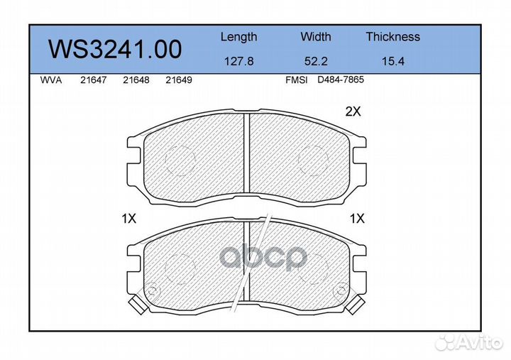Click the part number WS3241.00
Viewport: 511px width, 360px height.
(114, 49)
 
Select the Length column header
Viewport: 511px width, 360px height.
(238, 37)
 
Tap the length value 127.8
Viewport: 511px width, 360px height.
(238, 61)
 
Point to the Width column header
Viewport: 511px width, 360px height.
(315, 37)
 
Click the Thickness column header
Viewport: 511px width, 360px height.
(392, 37)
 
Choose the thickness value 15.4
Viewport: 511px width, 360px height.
(392, 61)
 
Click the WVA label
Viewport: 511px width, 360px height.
(51, 80)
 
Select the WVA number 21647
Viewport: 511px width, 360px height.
(93, 80)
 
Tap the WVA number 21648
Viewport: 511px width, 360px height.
(136, 80)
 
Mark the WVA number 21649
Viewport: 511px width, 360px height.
(178, 80)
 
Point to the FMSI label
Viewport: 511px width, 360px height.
(296, 80)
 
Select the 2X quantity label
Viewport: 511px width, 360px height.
(353, 111)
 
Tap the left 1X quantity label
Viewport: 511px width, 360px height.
(128, 219)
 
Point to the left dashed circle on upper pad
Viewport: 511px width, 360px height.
(179, 158)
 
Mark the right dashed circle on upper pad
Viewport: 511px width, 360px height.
(312, 158)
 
